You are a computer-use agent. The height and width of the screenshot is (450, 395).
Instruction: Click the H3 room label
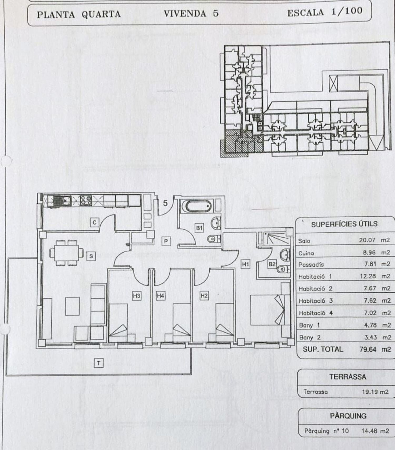[136, 296]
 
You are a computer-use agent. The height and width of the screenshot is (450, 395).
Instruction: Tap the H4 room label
[160, 296]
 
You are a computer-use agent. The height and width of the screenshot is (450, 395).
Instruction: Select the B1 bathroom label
[199, 228]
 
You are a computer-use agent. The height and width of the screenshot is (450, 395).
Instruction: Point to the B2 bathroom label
[272, 264]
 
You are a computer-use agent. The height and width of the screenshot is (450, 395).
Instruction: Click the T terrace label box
[98, 363]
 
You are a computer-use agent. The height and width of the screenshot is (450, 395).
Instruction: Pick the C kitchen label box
[95, 223]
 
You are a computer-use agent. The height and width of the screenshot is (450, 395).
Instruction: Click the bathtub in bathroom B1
[198, 206]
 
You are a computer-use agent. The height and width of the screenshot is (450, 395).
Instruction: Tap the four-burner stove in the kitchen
[86, 201]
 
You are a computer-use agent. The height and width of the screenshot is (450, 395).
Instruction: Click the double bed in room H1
[267, 310]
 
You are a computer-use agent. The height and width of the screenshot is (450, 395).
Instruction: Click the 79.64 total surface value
[368, 349]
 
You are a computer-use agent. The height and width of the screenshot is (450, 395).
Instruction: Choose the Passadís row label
[311, 265]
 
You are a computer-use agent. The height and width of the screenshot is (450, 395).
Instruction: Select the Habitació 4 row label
[316, 313]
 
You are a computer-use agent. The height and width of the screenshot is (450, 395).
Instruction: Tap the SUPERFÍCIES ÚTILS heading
[344, 224]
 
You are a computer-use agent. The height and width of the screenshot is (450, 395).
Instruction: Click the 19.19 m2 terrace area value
[375, 392]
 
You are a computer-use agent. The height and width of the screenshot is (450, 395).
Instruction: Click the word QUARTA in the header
[101, 14]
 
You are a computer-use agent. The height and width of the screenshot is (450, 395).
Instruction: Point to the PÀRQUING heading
[348, 416]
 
